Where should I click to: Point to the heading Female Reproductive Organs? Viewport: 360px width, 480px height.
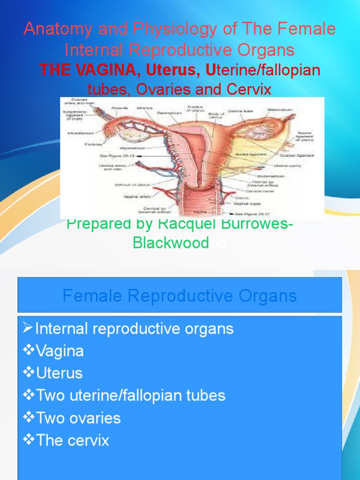click(x=180, y=296)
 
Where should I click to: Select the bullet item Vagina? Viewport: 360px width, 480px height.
click(x=53, y=351)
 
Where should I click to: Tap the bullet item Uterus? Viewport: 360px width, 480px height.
click(x=52, y=374)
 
